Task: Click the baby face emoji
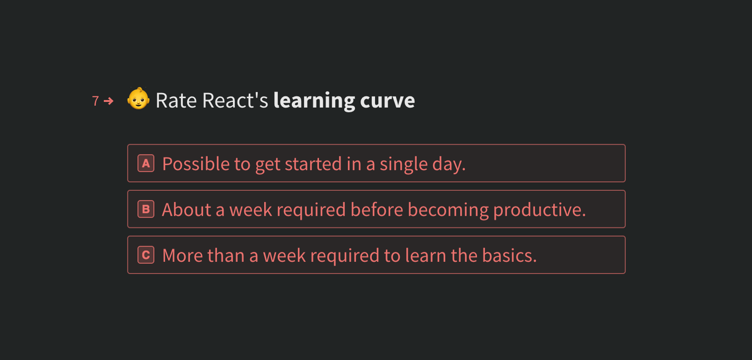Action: (x=138, y=99)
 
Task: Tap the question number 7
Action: (x=95, y=101)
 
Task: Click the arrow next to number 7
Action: (x=109, y=101)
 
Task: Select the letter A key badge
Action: (x=146, y=163)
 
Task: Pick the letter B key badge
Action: (x=146, y=209)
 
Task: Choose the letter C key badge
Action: (x=146, y=255)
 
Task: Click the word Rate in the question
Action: (x=176, y=101)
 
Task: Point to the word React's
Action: (x=235, y=101)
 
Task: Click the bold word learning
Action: (x=314, y=101)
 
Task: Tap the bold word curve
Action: (x=387, y=101)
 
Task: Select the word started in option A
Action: (x=313, y=164)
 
